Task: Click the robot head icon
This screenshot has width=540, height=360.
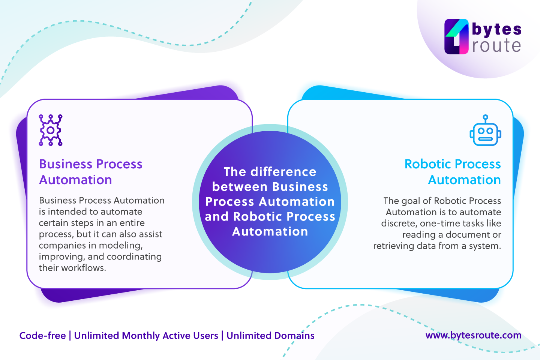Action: pyautogui.click(x=485, y=134)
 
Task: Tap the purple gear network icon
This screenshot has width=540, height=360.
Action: pyautogui.click(x=51, y=130)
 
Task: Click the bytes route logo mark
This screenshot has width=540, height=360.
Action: pyautogui.click(x=456, y=37)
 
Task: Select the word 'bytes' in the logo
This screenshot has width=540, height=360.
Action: pyautogui.click(x=496, y=29)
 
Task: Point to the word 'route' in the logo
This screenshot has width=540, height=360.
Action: pyautogui.click(x=496, y=46)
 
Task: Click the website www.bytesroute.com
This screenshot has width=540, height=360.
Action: pyautogui.click(x=473, y=335)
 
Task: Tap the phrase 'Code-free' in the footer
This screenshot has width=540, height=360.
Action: pyautogui.click(x=42, y=335)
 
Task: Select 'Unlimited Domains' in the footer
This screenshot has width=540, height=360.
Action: pyautogui.click(x=270, y=335)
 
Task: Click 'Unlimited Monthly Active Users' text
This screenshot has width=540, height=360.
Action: pyautogui.click(x=146, y=335)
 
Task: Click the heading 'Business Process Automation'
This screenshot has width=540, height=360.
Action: pyautogui.click(x=90, y=172)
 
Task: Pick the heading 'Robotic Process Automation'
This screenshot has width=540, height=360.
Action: pyautogui.click(x=453, y=172)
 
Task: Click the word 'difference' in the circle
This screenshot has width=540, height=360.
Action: pyautogui.click(x=283, y=172)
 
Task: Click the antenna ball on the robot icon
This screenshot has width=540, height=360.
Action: pyautogui.click(x=485, y=117)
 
